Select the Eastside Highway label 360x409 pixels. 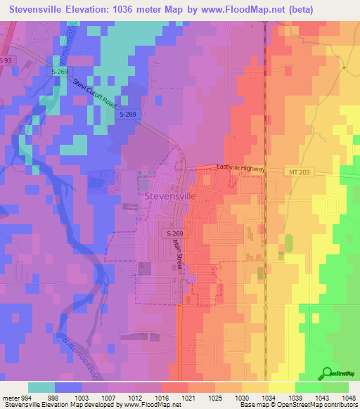click(240, 169)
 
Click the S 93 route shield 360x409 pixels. click(6, 61)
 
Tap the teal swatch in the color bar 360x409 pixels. click(41, 387)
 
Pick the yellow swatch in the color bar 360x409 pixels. click(282, 387)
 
